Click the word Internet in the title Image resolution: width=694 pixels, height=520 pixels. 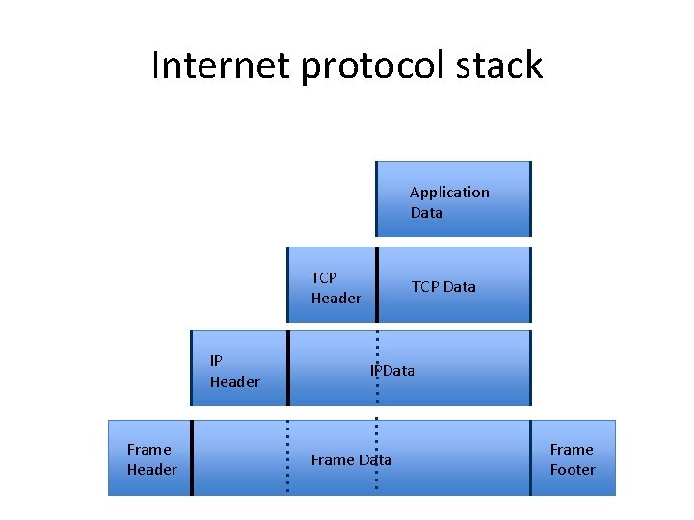point(222,65)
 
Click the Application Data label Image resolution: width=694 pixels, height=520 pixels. point(449,202)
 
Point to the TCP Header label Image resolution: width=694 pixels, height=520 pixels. point(335,288)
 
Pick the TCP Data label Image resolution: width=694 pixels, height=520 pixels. point(443,286)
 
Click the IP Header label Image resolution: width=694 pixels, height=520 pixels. point(234,372)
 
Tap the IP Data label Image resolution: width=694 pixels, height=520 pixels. point(392,370)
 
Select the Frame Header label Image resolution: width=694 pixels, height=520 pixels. point(151,459)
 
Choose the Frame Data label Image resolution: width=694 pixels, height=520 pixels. point(351,459)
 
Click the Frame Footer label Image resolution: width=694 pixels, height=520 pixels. point(573,459)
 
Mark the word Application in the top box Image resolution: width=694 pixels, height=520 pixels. point(449,193)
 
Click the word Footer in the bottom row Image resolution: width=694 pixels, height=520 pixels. point(573,470)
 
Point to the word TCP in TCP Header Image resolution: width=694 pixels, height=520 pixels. point(324,278)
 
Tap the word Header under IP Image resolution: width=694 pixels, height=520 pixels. point(234,382)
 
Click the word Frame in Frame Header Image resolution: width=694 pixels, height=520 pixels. point(148,450)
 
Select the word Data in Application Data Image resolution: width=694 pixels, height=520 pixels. point(426,213)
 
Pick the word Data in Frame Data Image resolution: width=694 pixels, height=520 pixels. point(375,459)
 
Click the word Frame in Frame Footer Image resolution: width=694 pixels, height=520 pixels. point(572,450)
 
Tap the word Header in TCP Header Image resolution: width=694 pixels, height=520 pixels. point(335,299)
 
